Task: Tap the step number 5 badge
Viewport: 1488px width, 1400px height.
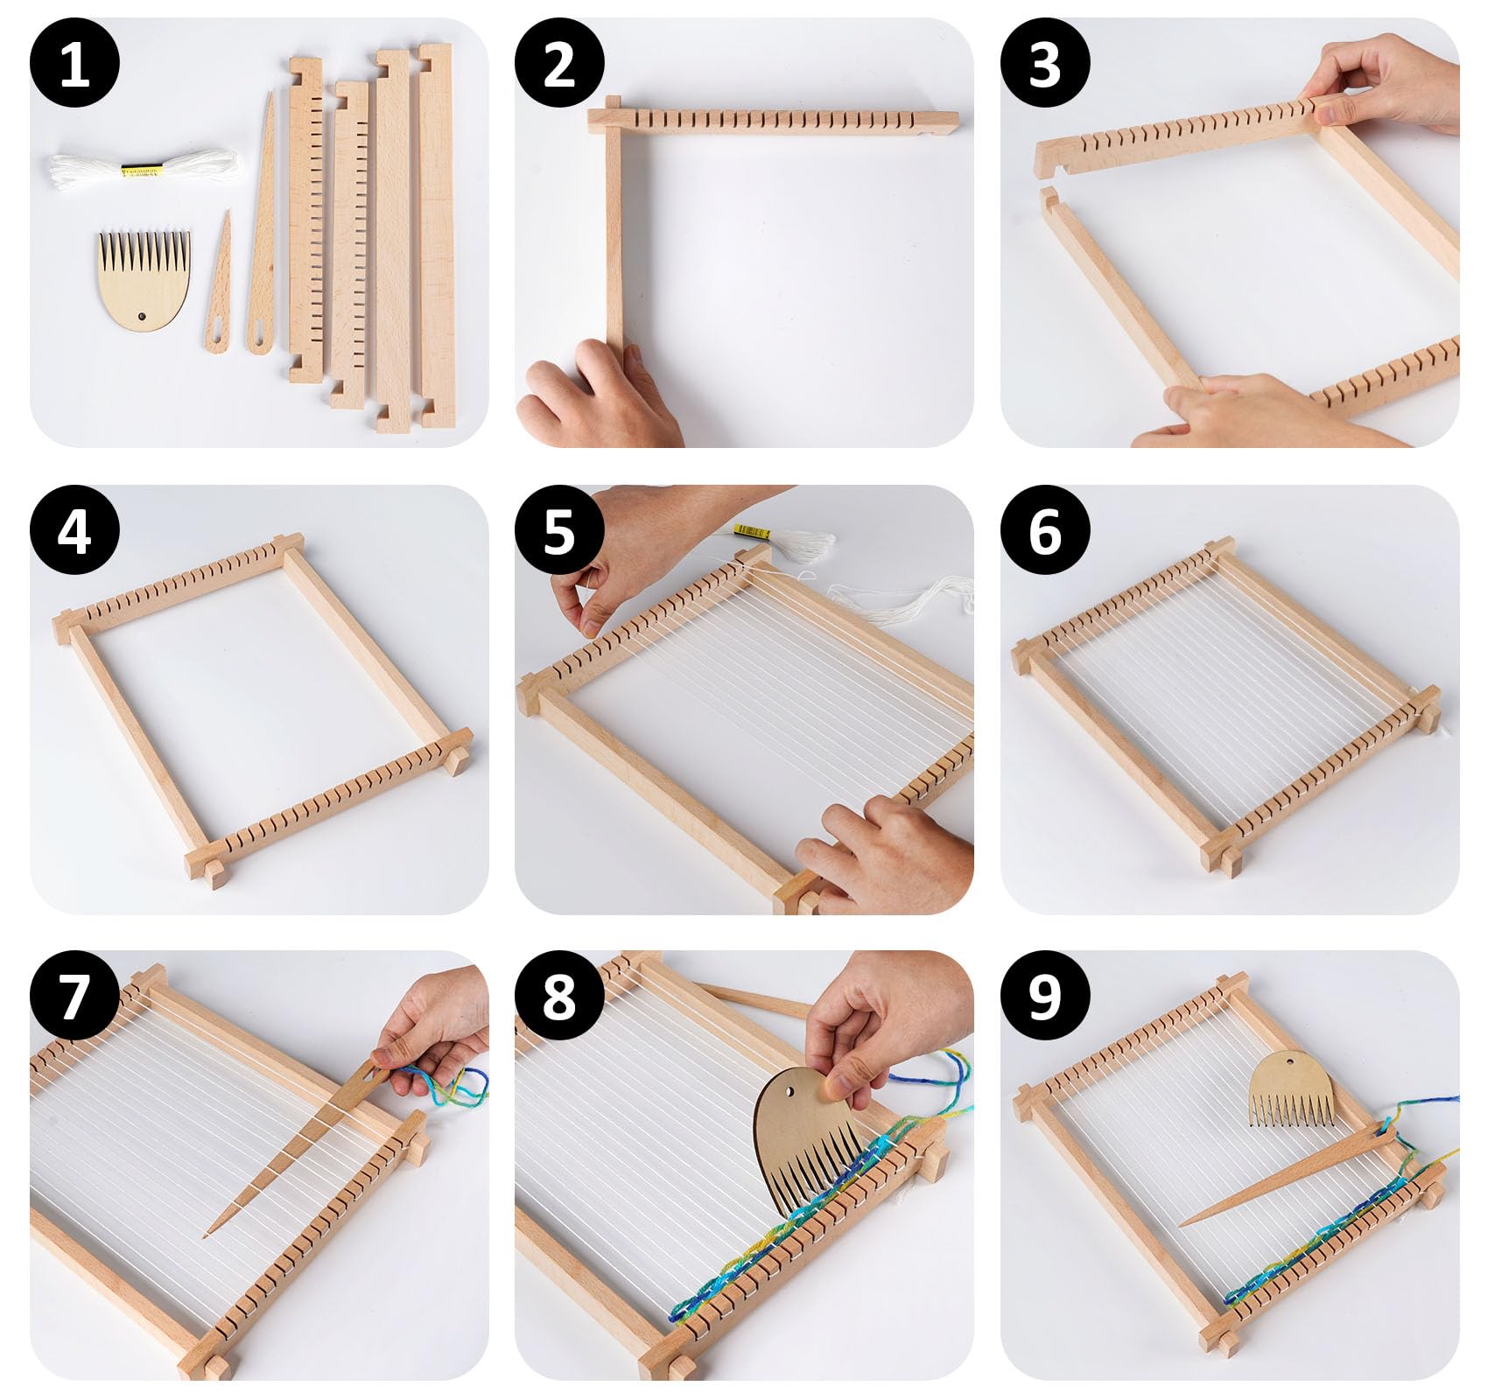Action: [x=560, y=529]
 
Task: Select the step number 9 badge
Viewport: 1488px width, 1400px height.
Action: [x=1045, y=996]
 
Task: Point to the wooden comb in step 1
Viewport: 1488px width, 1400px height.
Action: [x=144, y=278]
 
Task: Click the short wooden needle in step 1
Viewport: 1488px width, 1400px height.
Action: [x=220, y=283]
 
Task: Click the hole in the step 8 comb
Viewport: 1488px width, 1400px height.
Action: [x=790, y=1094]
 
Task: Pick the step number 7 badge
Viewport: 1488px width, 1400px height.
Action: [x=74, y=996]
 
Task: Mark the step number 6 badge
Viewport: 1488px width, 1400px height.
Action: [x=1045, y=529]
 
